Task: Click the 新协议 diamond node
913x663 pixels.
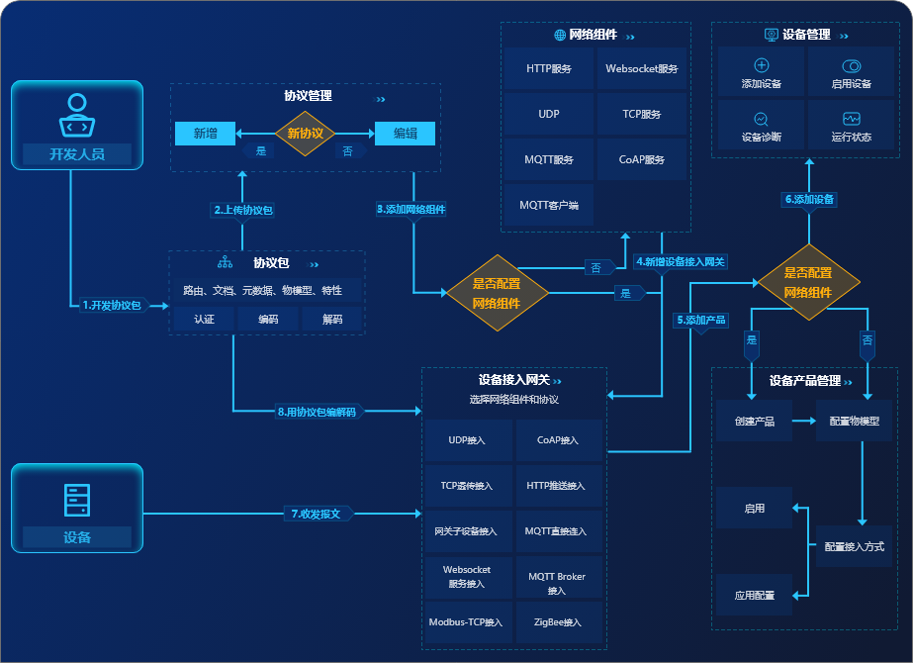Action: (x=305, y=134)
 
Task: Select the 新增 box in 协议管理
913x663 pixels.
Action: (x=205, y=134)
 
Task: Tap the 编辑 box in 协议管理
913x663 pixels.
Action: (x=405, y=134)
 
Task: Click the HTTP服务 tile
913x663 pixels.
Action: (x=549, y=69)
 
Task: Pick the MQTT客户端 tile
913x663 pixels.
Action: (x=549, y=205)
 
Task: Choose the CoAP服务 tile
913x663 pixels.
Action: (x=642, y=159)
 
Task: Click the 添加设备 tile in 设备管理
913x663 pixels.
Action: (x=761, y=73)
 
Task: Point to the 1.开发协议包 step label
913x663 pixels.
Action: (x=112, y=306)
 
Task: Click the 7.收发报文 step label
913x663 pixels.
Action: (x=317, y=514)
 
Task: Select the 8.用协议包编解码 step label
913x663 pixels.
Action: (x=317, y=412)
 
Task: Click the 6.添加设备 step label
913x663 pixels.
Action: (x=809, y=199)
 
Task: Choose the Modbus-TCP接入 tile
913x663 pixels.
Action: (x=466, y=622)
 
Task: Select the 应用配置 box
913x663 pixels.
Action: (x=754, y=596)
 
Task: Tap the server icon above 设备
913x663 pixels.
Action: (x=77, y=501)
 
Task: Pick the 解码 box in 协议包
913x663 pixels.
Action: (x=332, y=319)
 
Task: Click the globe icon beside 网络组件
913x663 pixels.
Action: (x=560, y=35)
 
